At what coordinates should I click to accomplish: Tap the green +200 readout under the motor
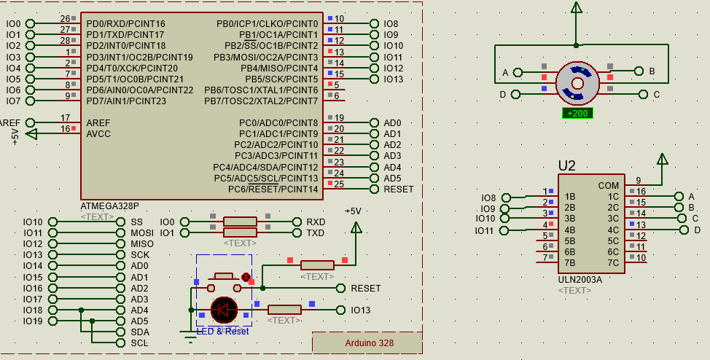[577, 113]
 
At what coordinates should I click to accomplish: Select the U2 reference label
[566, 166]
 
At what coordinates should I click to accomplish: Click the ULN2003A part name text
[580, 279]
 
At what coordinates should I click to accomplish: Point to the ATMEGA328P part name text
[109, 206]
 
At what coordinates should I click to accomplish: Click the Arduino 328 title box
[369, 343]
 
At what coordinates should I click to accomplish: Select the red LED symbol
[224, 310]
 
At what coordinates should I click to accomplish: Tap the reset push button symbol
[224, 278]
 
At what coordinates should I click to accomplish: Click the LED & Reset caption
[222, 331]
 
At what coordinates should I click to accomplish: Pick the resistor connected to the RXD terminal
[240, 222]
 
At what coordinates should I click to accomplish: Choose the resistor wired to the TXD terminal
[240, 232]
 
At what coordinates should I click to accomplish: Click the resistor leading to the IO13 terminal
[284, 310]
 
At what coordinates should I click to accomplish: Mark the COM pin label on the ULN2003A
[608, 186]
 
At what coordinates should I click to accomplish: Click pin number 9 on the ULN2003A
[638, 181]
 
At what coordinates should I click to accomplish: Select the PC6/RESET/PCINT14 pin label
[273, 189]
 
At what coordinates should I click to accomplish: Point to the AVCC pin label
[98, 134]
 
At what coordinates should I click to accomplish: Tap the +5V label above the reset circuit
[353, 211]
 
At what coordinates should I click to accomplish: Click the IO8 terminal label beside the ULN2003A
[488, 197]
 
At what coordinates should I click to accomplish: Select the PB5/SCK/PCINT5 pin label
[281, 79]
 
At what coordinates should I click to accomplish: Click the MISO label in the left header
[142, 244]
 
